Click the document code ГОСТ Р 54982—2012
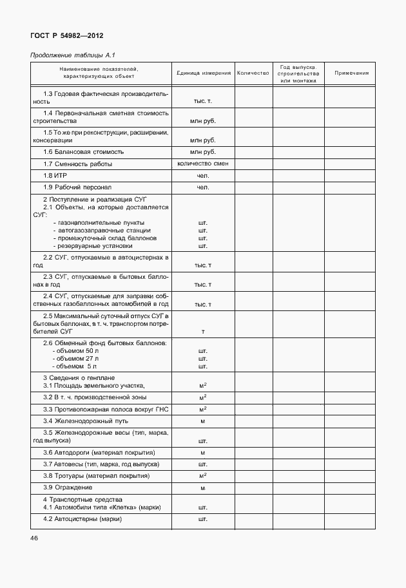(x=66, y=36)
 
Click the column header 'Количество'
(x=253, y=73)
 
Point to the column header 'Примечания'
(x=351, y=73)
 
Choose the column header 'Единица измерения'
(x=203, y=73)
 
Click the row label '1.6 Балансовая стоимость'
(x=83, y=152)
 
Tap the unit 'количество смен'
(x=202, y=164)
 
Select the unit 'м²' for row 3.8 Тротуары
(x=202, y=475)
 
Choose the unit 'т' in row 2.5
(x=202, y=332)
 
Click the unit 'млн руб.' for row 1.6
(x=202, y=152)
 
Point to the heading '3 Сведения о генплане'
(x=79, y=377)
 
